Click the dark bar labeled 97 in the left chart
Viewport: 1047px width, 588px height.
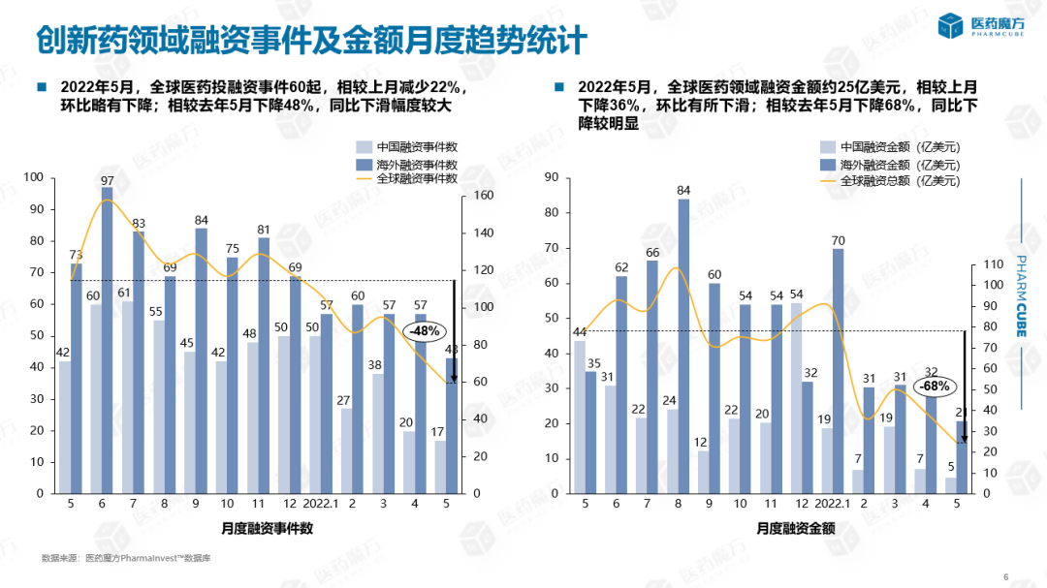[x=107, y=339]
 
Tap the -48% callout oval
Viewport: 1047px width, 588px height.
[x=424, y=330]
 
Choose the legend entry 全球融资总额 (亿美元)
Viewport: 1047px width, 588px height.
[x=900, y=180]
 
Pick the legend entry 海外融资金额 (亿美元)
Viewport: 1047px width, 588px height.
[x=900, y=164]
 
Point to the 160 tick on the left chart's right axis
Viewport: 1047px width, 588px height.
[x=483, y=196]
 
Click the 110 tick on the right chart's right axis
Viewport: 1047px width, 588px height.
[x=994, y=264]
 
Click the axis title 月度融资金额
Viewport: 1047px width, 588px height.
[x=797, y=529]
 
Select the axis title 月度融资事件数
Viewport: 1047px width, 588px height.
[x=267, y=529]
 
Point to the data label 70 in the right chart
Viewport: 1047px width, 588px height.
[x=838, y=240]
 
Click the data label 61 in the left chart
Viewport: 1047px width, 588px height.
[x=124, y=293]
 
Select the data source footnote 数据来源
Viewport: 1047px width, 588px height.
[x=127, y=558]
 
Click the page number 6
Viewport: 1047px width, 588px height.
[x=1005, y=577]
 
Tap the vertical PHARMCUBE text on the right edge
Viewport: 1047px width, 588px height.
[x=1021, y=295]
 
